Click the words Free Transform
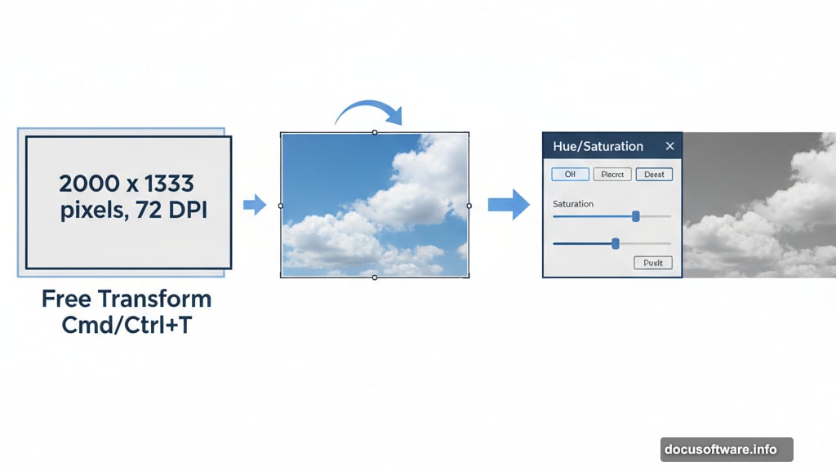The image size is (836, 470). (127, 299)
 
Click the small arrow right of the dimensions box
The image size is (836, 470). (256, 205)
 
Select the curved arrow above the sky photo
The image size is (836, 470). (369, 113)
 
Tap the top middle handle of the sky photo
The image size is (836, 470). (375, 132)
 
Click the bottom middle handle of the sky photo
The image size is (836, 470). (375, 277)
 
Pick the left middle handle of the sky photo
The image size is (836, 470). (281, 206)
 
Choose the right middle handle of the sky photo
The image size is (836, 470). (469, 206)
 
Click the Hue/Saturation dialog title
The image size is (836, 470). (598, 147)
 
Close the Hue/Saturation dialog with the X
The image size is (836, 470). (669, 146)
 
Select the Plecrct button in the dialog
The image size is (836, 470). (611, 174)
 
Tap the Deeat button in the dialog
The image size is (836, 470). (654, 174)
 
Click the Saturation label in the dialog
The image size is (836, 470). (573, 204)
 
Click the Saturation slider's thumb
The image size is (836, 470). (635, 216)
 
